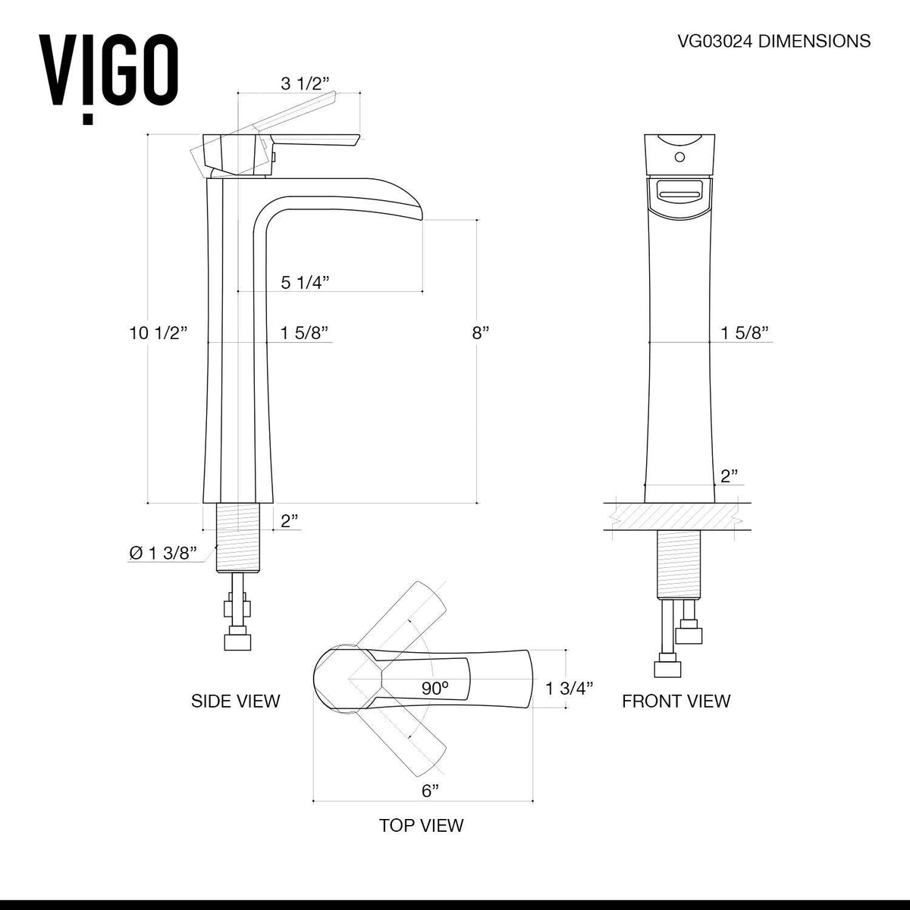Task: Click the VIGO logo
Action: pyautogui.click(x=108, y=74)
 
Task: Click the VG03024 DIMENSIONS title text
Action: pyautogui.click(x=773, y=42)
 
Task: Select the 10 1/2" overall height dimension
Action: pyautogui.click(x=158, y=333)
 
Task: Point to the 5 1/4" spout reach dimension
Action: pyautogui.click(x=305, y=283)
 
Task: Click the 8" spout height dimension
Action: pyautogui.click(x=481, y=333)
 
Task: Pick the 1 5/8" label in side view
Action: pyautogui.click(x=304, y=333)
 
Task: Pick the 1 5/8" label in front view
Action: pyautogui.click(x=745, y=333)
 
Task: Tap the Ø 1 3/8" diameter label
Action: pyautogui.click(x=163, y=554)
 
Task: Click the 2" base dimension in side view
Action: pyautogui.click(x=288, y=521)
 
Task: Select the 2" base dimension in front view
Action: pyautogui.click(x=730, y=475)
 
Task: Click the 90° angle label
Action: pyautogui.click(x=435, y=688)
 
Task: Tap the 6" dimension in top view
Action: pyautogui.click(x=430, y=791)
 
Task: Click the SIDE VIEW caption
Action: pyautogui.click(x=235, y=701)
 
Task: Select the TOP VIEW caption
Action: pyautogui.click(x=421, y=825)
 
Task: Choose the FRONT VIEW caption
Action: pyautogui.click(x=676, y=701)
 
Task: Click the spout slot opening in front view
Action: pyautogui.click(x=679, y=196)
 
